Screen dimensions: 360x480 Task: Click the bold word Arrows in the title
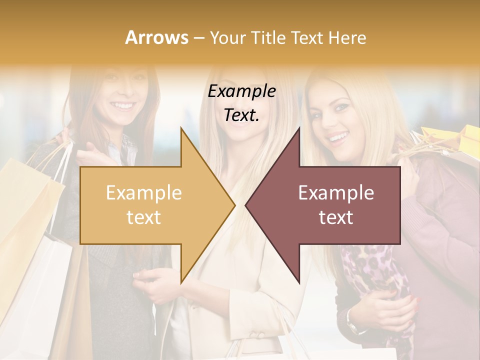(x=156, y=37)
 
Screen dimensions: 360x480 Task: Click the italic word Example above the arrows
(x=242, y=91)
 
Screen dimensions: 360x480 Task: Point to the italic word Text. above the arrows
(x=242, y=115)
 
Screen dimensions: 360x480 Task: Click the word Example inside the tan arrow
(x=144, y=192)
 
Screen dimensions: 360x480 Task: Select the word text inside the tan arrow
(x=144, y=217)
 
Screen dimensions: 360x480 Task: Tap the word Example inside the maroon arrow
(x=336, y=192)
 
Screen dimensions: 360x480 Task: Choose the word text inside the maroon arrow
(x=336, y=217)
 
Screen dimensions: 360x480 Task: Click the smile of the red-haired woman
(x=123, y=105)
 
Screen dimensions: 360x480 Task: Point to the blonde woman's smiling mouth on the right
(x=338, y=136)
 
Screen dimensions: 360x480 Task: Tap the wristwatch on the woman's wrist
(x=353, y=326)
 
